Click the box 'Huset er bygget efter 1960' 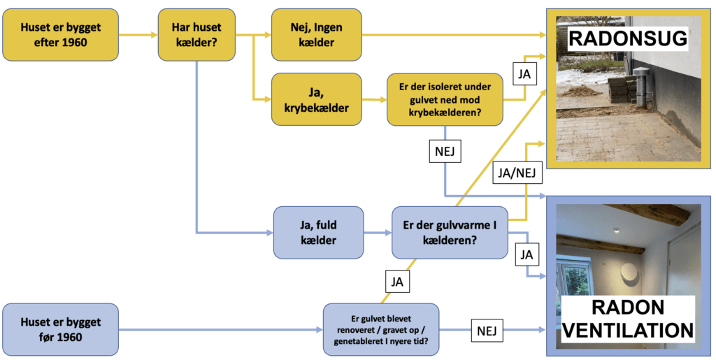click(61, 35)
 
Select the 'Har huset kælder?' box click(196, 35)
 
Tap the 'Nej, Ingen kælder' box click(316, 35)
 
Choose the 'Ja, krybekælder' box click(316, 99)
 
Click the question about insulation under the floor click(444, 99)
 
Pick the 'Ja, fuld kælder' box click(319, 232)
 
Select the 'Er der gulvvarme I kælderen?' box click(450, 232)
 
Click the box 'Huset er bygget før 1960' click(61, 330)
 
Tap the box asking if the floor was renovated click(380, 330)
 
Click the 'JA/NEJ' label click(517, 173)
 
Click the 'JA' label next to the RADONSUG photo click(524, 72)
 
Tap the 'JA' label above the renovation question click(396, 283)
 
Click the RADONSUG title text click(627, 38)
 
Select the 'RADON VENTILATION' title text click(627, 319)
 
